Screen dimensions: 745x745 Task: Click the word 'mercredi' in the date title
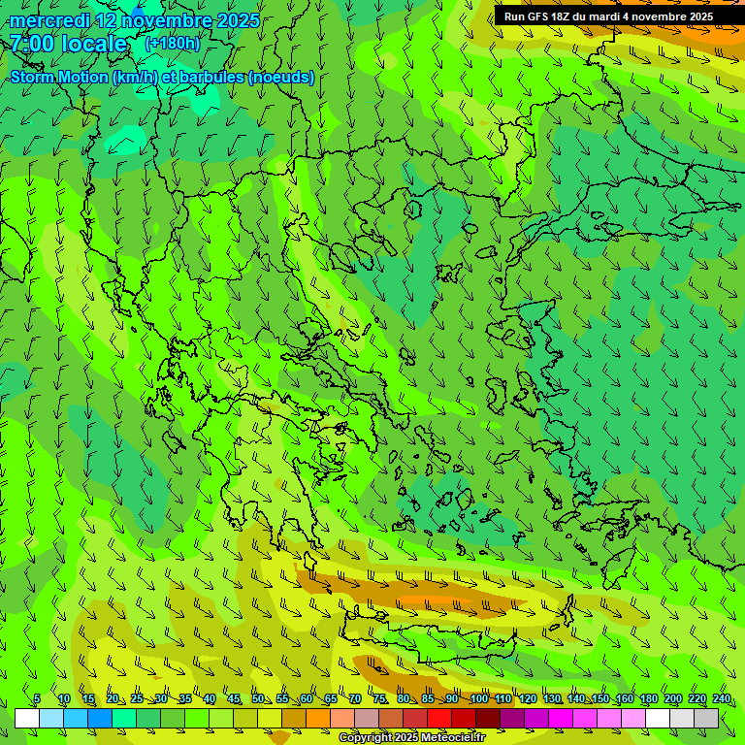pos(49,20)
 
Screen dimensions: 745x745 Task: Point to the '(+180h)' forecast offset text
pos(173,44)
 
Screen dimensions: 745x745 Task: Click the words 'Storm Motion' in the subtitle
pos(59,78)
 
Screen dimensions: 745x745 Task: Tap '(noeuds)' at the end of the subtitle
pos(281,78)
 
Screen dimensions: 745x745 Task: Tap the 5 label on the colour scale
pos(37,699)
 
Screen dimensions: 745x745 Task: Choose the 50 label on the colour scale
pos(258,699)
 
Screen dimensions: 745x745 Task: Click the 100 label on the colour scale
pos(478,699)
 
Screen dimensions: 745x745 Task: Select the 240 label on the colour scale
pos(721,699)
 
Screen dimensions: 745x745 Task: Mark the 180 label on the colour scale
pos(648,699)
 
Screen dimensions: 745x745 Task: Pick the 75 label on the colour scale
pos(379,699)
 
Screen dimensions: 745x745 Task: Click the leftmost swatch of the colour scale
pos(27,719)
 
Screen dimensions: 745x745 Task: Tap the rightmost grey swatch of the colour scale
pos(706,719)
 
